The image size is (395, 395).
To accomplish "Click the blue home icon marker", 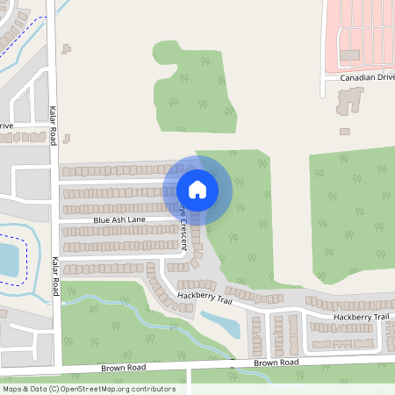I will click(197, 188).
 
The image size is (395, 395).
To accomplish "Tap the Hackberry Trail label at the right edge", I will click(360, 316).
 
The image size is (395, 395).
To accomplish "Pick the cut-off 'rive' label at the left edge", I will click(6, 126).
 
